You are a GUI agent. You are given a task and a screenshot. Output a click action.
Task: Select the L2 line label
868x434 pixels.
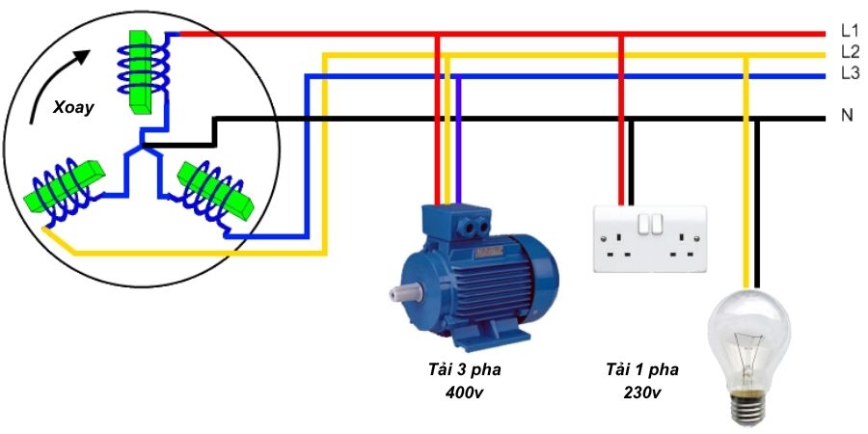[849, 52]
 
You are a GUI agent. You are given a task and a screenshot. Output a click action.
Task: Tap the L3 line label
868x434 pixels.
[849, 73]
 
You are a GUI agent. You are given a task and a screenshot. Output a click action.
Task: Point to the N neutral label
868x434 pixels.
[847, 116]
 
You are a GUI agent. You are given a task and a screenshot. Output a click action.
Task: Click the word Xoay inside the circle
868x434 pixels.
[73, 108]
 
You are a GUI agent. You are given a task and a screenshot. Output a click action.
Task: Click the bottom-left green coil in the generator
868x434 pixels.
[66, 188]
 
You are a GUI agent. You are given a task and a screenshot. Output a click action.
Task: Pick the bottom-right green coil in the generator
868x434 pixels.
[214, 188]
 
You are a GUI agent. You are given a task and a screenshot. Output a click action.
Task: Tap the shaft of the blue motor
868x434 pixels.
[403, 289]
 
